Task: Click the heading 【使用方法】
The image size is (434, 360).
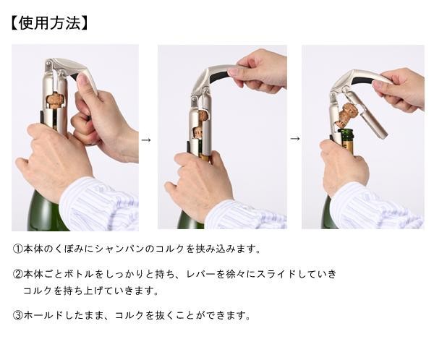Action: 49,23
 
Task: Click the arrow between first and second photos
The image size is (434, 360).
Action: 146,140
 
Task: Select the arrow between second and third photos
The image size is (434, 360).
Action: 295,138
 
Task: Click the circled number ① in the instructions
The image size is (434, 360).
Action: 17,249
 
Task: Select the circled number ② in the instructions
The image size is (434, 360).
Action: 17,274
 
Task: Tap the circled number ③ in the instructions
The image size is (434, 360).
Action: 17,315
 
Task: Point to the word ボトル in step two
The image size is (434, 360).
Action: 79,274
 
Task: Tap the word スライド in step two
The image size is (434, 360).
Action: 276,274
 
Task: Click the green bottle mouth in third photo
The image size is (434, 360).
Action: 345,134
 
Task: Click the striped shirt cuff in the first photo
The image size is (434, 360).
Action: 100,205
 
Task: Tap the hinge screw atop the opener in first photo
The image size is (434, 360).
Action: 48,64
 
